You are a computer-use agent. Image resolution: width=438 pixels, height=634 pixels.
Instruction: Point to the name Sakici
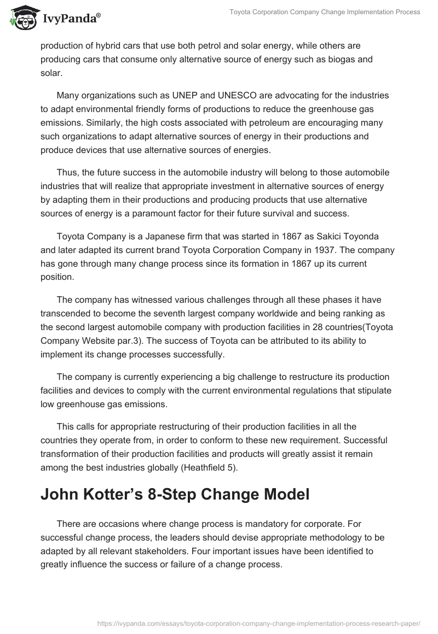click(303, 236)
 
